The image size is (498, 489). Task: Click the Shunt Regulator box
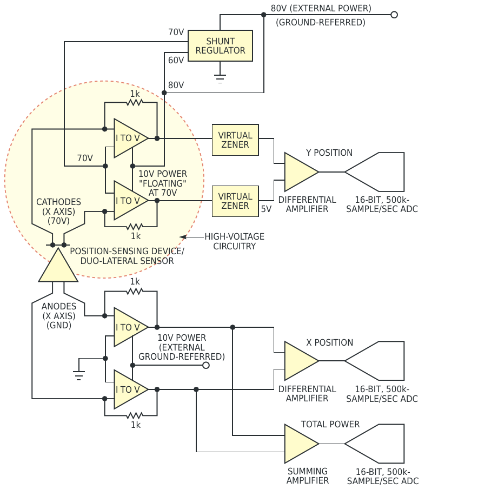[x=220, y=46]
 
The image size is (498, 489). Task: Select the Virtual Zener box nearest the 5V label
[x=235, y=201]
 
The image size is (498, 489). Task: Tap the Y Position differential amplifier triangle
[x=300, y=172]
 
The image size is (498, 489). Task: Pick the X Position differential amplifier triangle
[x=300, y=361]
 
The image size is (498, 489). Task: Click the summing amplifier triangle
[x=300, y=444]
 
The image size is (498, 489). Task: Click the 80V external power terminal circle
[x=394, y=15]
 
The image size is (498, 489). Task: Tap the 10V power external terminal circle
[x=206, y=365]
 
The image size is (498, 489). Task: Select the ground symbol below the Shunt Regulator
[x=220, y=78]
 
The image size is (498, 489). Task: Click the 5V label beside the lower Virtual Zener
[x=267, y=209]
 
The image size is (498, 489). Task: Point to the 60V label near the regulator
[x=176, y=60]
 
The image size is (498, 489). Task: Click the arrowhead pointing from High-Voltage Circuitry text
[x=183, y=237]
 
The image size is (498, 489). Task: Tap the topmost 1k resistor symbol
[x=135, y=102]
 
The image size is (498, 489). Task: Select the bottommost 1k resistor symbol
[x=135, y=415]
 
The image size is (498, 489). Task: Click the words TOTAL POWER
[x=330, y=425]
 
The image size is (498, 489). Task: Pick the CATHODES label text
[x=58, y=202]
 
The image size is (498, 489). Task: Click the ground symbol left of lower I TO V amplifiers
[x=79, y=374]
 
